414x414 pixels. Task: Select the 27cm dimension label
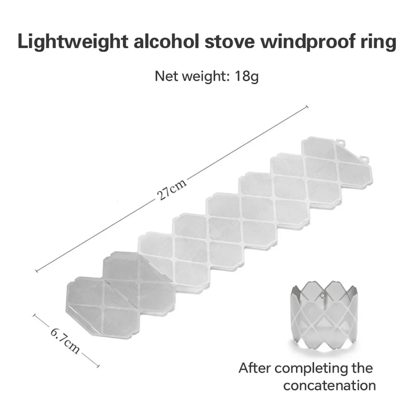tap(171, 190)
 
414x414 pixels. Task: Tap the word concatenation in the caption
tap(329, 386)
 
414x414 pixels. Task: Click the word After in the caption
tap(255, 368)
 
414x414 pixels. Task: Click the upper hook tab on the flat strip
tap(339, 141)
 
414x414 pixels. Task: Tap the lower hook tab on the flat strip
tap(364, 158)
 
